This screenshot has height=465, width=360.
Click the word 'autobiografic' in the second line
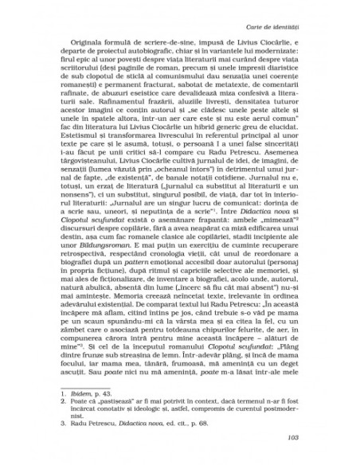[x=150, y=60]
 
